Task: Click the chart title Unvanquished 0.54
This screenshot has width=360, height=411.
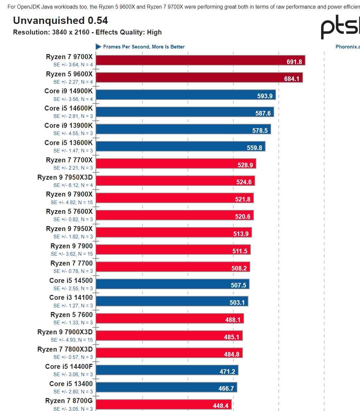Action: click(x=60, y=21)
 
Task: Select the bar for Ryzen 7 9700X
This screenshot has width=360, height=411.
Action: click(x=200, y=60)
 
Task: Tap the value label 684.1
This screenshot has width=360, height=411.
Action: click(x=292, y=79)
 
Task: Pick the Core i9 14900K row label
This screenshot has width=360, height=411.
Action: click(x=69, y=91)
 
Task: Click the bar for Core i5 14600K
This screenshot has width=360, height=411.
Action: click(x=184, y=112)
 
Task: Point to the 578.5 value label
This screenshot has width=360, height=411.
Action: click(x=260, y=130)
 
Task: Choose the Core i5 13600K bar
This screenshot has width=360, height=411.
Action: click(x=180, y=146)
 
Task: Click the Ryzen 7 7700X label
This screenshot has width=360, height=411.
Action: click(x=69, y=160)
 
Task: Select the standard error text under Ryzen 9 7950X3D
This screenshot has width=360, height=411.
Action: click(x=73, y=185)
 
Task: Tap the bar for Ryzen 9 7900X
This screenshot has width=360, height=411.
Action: click(x=175, y=198)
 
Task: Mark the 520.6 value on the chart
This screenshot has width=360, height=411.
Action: click(x=243, y=216)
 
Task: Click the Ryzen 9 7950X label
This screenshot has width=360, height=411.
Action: click(x=69, y=229)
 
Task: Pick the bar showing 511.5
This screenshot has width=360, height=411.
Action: click(x=173, y=250)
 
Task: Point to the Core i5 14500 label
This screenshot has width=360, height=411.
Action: click(x=71, y=281)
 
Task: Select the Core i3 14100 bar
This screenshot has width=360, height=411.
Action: click(x=172, y=301)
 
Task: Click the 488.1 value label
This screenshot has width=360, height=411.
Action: click(x=233, y=320)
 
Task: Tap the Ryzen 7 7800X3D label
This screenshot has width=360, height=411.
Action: click(x=65, y=349)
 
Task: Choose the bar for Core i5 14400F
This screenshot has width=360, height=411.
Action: click(x=167, y=370)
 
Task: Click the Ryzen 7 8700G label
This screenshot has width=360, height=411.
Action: click(x=69, y=401)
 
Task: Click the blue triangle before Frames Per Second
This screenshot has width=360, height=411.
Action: click(x=99, y=47)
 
